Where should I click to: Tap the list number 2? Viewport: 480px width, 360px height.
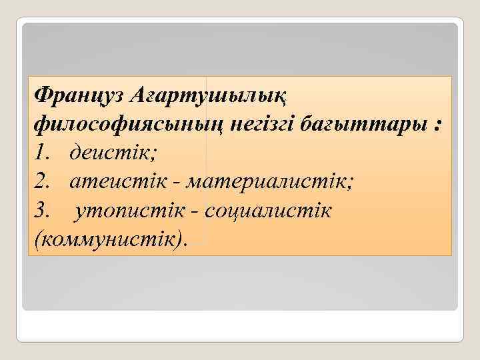41,183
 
